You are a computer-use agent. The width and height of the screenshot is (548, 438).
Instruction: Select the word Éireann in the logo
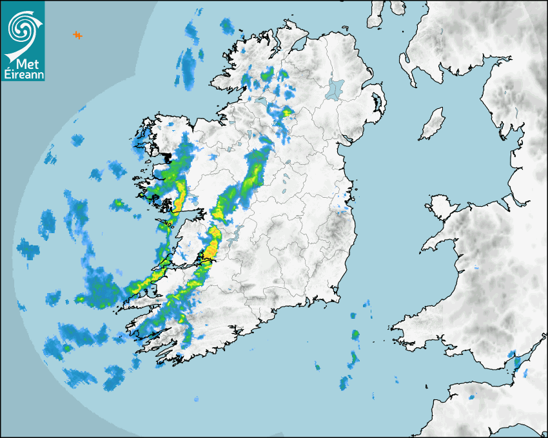(x=23, y=76)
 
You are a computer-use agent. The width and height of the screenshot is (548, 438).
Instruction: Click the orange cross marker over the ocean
(x=77, y=35)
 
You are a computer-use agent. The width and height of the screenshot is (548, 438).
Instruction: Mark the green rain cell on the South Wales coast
(x=513, y=355)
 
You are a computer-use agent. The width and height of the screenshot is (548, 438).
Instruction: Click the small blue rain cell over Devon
(x=472, y=397)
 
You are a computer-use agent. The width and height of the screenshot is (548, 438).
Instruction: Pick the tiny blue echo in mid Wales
(x=477, y=267)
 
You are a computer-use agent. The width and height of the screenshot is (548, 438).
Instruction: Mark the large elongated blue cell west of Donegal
(x=188, y=64)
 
